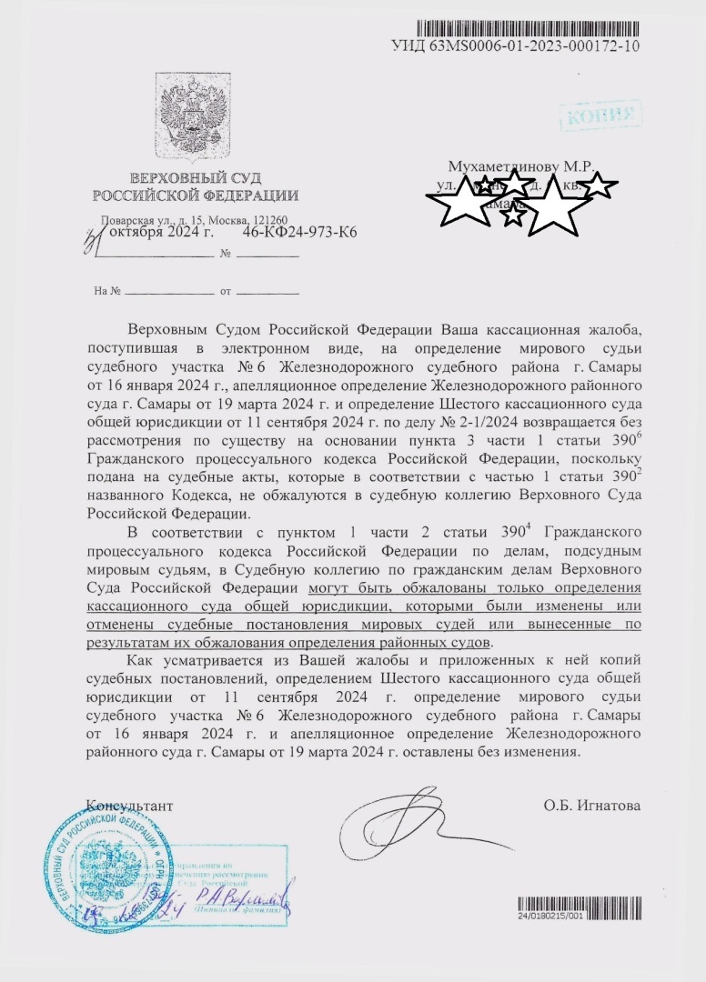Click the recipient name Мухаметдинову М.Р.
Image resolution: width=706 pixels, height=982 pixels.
pyautogui.click(x=519, y=167)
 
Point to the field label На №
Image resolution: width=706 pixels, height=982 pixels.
pyautogui.click(x=107, y=292)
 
